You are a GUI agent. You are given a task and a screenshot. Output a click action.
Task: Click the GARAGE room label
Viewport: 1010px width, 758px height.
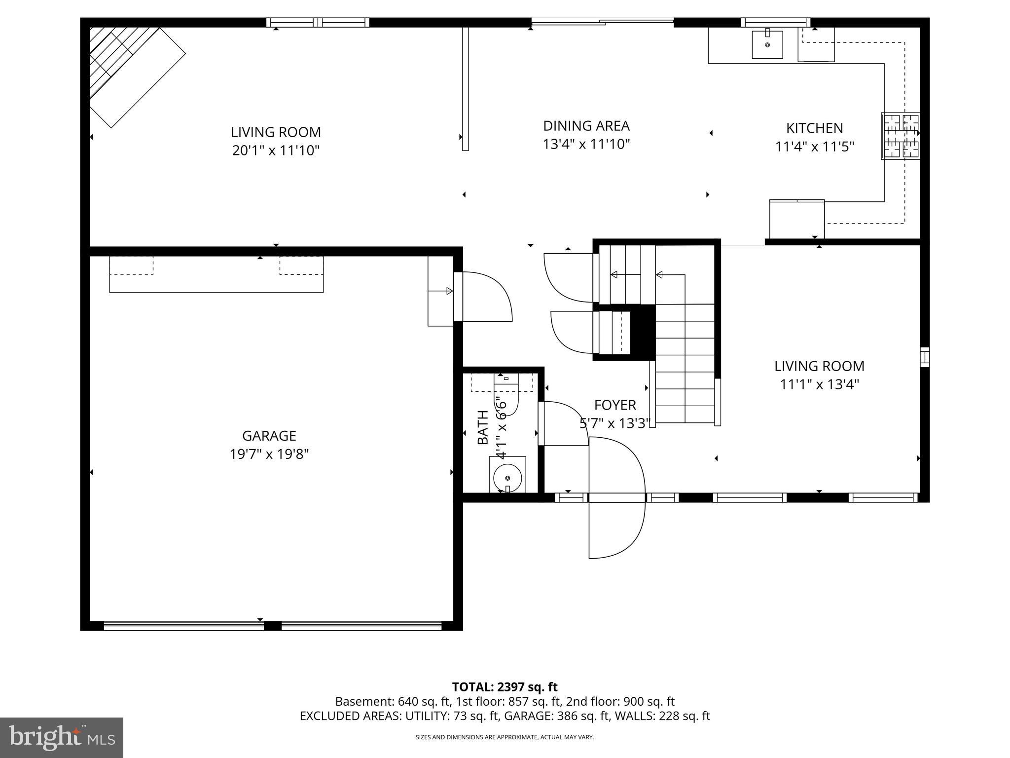click(x=269, y=436)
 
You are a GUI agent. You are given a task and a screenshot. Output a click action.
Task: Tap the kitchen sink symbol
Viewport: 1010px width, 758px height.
click(x=767, y=45)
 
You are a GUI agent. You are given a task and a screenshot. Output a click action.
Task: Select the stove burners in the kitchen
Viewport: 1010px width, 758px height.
click(x=901, y=136)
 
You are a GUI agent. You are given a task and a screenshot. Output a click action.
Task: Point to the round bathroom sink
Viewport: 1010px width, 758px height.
click(x=507, y=477)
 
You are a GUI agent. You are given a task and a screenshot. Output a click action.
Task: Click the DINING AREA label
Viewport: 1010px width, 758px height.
click(x=586, y=126)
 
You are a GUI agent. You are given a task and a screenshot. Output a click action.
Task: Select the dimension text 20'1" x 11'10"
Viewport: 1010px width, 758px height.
click(x=276, y=150)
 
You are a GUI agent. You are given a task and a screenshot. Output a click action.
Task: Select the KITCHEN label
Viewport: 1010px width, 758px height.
click(x=814, y=128)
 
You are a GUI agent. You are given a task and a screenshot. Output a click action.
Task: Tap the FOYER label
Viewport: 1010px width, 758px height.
click(x=615, y=405)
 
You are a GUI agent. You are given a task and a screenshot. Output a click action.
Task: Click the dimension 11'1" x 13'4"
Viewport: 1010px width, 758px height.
click(x=819, y=384)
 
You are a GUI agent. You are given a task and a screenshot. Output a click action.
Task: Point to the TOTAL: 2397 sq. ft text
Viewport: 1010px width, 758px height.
click(x=505, y=687)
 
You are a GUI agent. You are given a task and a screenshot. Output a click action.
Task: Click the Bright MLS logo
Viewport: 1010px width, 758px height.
click(x=62, y=737)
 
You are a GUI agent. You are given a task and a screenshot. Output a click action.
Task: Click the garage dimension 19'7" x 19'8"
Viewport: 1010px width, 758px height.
click(x=269, y=454)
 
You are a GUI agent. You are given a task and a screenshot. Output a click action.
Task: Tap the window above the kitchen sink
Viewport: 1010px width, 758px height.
click(x=775, y=22)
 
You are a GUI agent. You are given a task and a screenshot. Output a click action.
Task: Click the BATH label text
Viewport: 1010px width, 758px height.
click(x=483, y=427)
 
